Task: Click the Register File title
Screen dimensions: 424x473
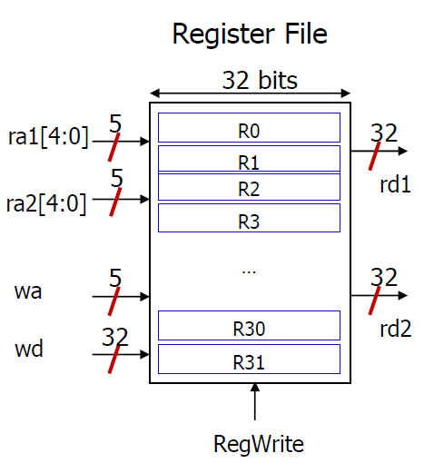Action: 250,34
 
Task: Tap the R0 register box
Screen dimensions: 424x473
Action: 249,127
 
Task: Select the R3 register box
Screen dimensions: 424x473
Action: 249,218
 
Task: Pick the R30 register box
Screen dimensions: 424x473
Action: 249,325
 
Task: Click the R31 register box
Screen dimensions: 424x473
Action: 249,359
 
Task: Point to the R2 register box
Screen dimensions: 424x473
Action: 249,187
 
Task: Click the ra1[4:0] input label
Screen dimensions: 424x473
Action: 48,137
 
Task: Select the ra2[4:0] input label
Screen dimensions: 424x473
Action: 46,204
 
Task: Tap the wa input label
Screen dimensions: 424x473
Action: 28,291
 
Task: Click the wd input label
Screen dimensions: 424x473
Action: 29,349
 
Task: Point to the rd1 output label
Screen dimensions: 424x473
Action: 395,184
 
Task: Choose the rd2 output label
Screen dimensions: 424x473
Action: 396,329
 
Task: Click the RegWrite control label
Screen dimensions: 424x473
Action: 259,444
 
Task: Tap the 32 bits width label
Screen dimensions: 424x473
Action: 260,80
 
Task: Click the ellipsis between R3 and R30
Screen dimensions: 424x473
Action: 249,272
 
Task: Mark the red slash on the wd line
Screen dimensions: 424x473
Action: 114,360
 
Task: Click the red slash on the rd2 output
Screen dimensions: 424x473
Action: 374,301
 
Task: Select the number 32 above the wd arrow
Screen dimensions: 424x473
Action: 115,337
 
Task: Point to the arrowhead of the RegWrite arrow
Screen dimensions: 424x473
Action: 255,387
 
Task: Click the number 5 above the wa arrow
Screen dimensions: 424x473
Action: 115,278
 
